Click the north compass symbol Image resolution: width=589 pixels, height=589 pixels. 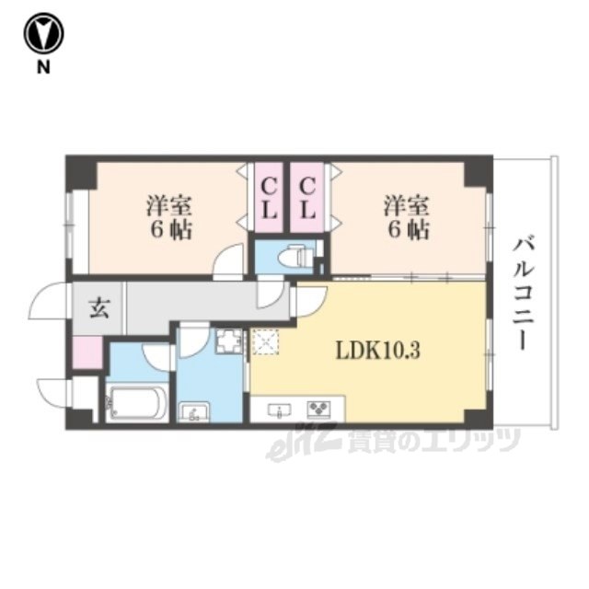coord(43,34)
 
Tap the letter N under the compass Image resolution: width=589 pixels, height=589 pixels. coord(43,67)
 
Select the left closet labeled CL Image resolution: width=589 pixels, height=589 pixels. coord(269,198)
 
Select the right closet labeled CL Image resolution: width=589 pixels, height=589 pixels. coord(306,198)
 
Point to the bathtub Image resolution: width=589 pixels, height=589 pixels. coord(137,403)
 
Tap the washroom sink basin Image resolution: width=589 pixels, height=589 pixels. coord(194,412)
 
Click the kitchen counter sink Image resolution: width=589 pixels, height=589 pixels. coord(280,409)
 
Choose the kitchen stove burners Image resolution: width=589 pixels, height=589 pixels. coord(319,409)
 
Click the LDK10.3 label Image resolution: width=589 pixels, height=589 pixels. coord(377,352)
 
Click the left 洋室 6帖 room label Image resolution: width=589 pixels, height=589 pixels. coord(169,217)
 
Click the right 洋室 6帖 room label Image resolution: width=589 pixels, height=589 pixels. coord(407,217)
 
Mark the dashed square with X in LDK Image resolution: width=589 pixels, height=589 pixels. coord(266,341)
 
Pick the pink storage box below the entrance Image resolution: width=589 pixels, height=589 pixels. coord(87,352)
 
